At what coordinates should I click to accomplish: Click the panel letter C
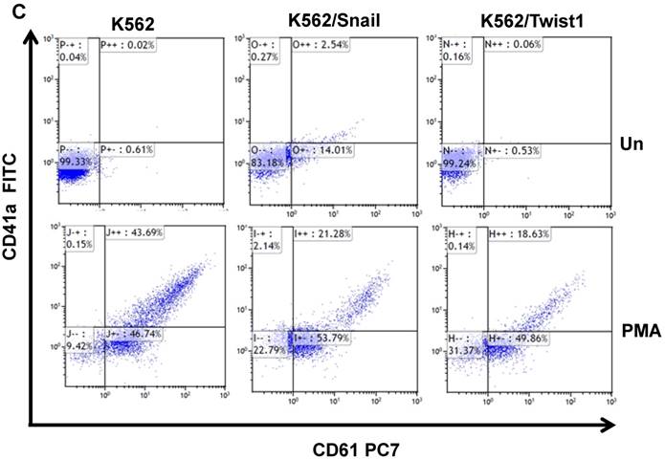(10, 10)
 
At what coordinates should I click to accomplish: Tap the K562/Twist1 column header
(529, 20)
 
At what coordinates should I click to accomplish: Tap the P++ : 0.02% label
(133, 44)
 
